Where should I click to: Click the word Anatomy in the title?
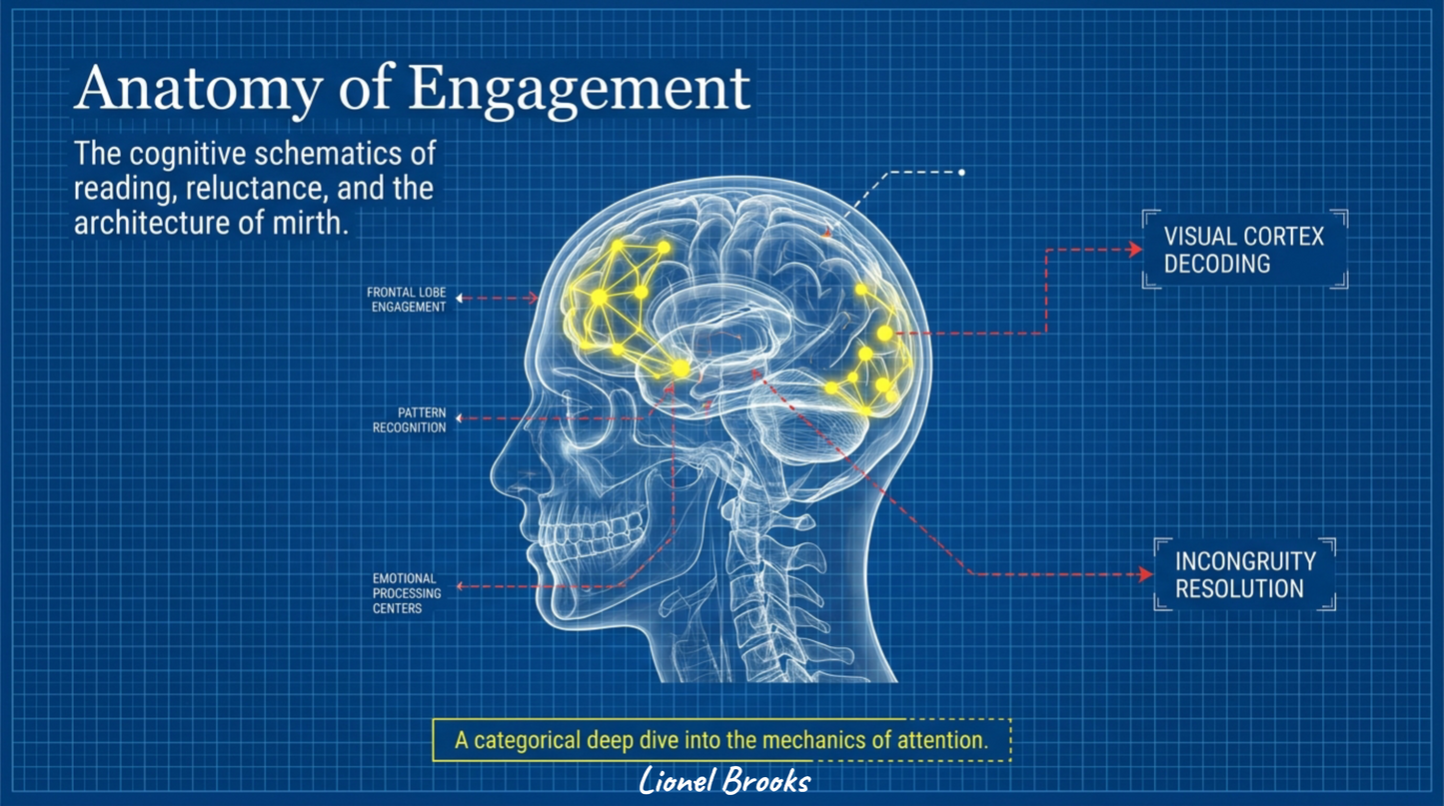click(x=199, y=90)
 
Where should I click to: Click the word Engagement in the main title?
click(x=579, y=90)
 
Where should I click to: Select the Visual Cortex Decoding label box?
click(x=1245, y=250)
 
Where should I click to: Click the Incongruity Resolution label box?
click(x=1245, y=574)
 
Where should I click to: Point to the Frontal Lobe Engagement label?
click(x=407, y=300)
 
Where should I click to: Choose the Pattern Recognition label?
click(x=410, y=420)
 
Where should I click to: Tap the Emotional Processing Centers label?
click(x=407, y=593)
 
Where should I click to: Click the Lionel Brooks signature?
click(x=724, y=781)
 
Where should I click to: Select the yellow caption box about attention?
click(x=722, y=740)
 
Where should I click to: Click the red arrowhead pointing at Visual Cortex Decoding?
click(x=1136, y=250)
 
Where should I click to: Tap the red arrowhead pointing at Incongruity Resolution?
click(x=1146, y=574)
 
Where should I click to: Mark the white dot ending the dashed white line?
click(x=961, y=173)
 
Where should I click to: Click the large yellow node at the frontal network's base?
click(x=681, y=369)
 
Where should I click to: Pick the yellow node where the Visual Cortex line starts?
click(x=885, y=334)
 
